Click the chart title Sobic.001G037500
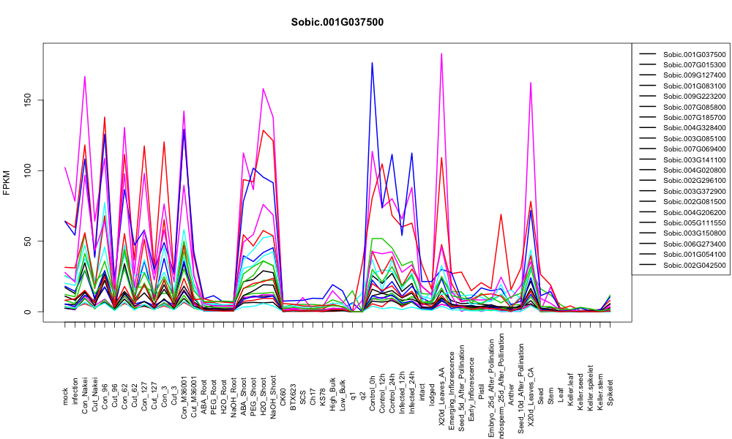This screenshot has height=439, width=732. (337, 23)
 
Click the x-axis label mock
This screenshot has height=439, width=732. (65, 397)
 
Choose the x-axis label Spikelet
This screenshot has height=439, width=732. (610, 392)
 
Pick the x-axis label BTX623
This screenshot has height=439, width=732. (294, 394)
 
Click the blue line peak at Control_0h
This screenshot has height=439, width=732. (372, 62)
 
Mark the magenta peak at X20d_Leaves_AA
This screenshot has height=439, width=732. (441, 53)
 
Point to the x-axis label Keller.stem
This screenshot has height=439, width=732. (600, 389)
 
